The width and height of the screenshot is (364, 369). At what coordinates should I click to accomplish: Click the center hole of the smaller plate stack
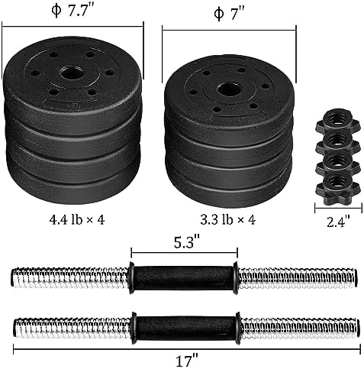pyautogui.click(x=227, y=89)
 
